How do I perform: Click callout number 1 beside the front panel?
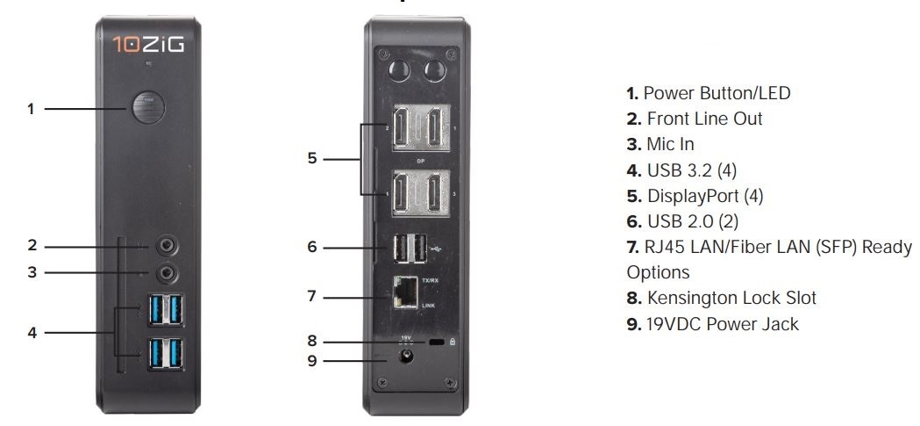coord(31,110)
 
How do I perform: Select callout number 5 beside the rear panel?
coord(311,160)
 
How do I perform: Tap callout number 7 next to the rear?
coord(311,297)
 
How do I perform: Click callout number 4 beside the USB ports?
coord(31,333)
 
